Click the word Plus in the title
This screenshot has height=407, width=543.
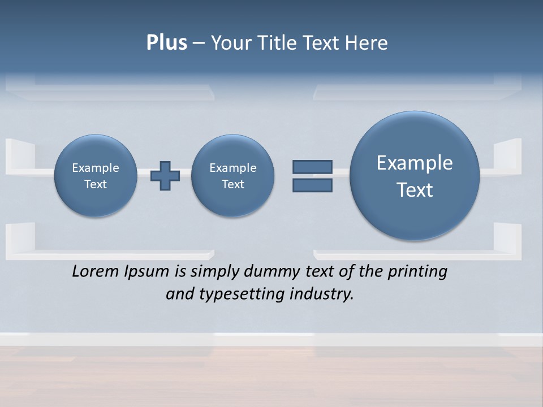(x=166, y=43)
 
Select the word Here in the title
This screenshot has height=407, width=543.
(x=367, y=43)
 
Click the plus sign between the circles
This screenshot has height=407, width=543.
(x=165, y=176)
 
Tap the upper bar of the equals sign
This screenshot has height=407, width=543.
(x=312, y=167)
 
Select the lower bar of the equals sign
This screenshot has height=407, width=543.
(x=312, y=185)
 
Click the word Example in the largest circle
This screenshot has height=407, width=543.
(x=415, y=163)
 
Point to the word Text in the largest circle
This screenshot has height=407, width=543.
(x=415, y=190)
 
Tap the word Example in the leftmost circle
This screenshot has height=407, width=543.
(x=96, y=168)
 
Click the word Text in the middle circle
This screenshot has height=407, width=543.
(x=233, y=184)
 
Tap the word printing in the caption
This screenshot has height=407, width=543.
(x=417, y=272)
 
